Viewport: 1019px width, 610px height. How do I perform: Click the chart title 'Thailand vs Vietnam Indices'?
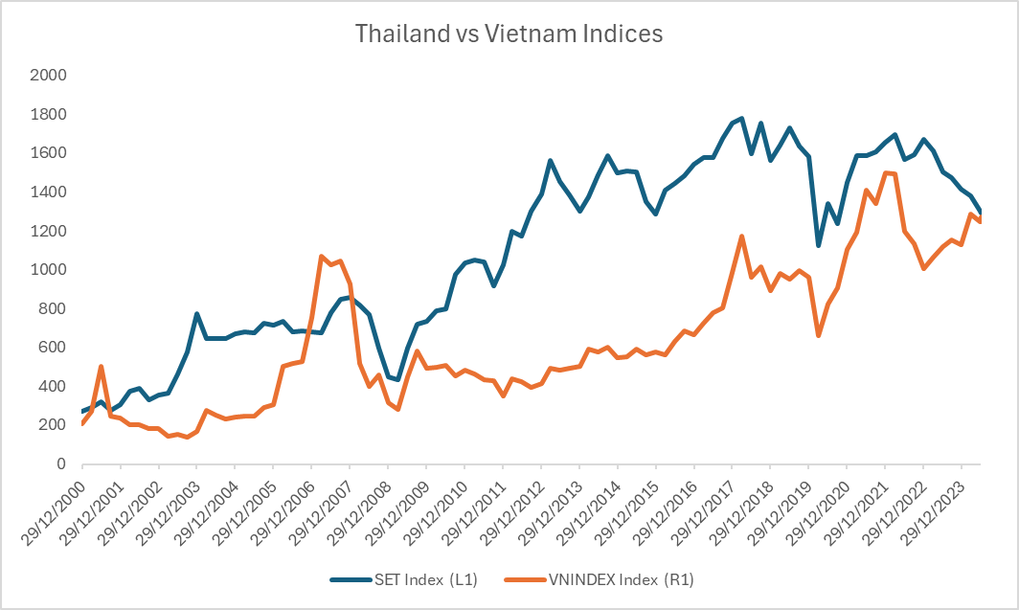pos(509,34)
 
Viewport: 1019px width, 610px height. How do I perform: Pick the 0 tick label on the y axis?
pos(59,463)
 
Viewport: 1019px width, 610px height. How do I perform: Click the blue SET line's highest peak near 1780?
pos(741,118)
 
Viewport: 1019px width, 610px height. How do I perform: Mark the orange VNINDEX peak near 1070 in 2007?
pos(321,256)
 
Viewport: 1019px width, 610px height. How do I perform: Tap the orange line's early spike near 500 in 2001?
pos(101,366)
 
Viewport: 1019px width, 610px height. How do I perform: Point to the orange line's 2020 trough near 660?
pos(818,335)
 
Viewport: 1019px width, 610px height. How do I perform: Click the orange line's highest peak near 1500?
pos(885,172)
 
